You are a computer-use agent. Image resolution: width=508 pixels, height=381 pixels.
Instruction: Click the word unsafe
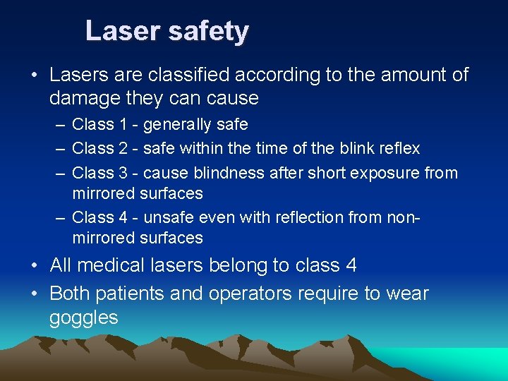coord(167,218)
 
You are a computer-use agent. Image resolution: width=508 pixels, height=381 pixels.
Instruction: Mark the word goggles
coord(83,318)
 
